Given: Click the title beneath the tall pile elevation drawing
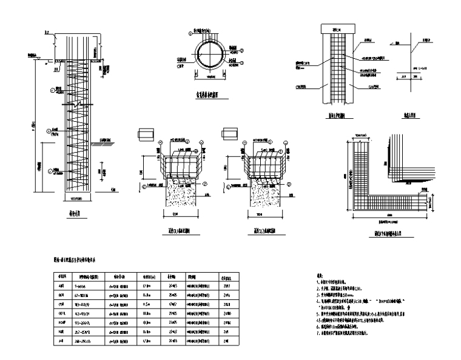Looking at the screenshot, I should (75, 214).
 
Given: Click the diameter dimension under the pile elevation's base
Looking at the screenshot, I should (76, 199).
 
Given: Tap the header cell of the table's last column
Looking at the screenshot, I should (226, 276).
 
